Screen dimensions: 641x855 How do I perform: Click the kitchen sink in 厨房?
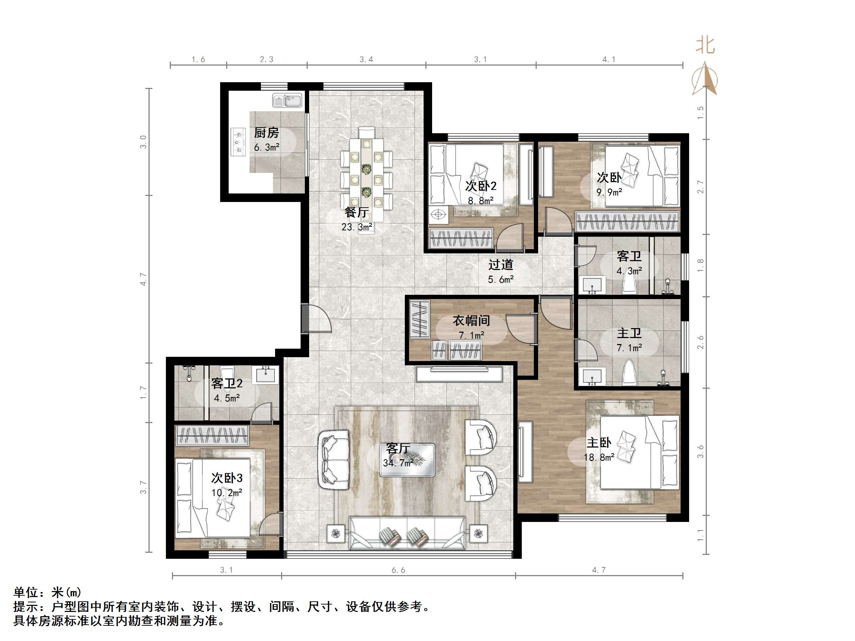point(287,101)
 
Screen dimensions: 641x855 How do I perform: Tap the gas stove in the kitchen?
point(239,142)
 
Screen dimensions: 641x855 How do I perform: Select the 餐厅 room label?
point(356,212)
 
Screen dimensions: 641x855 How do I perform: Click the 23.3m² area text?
point(357,227)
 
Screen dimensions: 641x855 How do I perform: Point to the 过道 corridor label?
point(501,265)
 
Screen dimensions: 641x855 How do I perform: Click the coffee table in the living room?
point(407,460)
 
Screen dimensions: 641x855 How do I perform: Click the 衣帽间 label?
point(471,320)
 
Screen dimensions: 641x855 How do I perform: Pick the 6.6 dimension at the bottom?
point(398,570)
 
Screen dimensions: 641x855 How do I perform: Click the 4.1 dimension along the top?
point(609,60)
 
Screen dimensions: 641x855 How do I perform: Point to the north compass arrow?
point(705,79)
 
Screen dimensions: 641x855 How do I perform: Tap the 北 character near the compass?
point(705,46)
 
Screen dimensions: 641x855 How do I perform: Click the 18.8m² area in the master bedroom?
point(599,457)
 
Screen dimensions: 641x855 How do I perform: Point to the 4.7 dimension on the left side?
point(144,279)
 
